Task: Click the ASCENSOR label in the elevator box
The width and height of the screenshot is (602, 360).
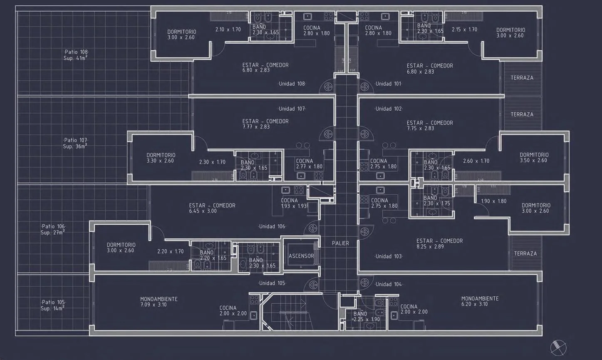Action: click(301, 256)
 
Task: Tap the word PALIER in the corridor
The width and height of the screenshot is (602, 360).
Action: click(340, 243)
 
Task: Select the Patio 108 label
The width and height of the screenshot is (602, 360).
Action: click(76, 52)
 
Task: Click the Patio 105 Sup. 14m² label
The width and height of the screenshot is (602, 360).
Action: click(53, 305)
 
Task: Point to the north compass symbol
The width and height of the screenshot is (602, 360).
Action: click(558, 348)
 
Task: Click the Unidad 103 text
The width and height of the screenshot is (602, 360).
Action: click(389, 256)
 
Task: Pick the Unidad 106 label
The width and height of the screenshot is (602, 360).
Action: click(272, 226)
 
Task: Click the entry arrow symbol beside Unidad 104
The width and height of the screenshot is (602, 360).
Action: click(364, 283)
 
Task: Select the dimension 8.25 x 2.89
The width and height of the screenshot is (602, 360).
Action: click(430, 246)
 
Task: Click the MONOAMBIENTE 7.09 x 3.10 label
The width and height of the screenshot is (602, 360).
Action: click(159, 302)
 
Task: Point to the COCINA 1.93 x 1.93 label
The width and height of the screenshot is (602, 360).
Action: click(294, 203)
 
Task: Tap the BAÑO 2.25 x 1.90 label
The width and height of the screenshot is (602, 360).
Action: click(366, 317)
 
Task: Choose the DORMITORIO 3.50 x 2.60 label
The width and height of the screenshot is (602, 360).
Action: click(534, 157)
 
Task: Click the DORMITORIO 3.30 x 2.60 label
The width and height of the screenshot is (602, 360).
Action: click(161, 158)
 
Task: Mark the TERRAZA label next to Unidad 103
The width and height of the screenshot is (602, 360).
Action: click(525, 253)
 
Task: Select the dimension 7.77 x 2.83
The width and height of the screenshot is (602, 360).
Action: click(256, 127)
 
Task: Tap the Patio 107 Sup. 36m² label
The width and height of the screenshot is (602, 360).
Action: click(75, 143)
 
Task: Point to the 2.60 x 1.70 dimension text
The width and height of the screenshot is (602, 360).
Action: click(476, 161)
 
